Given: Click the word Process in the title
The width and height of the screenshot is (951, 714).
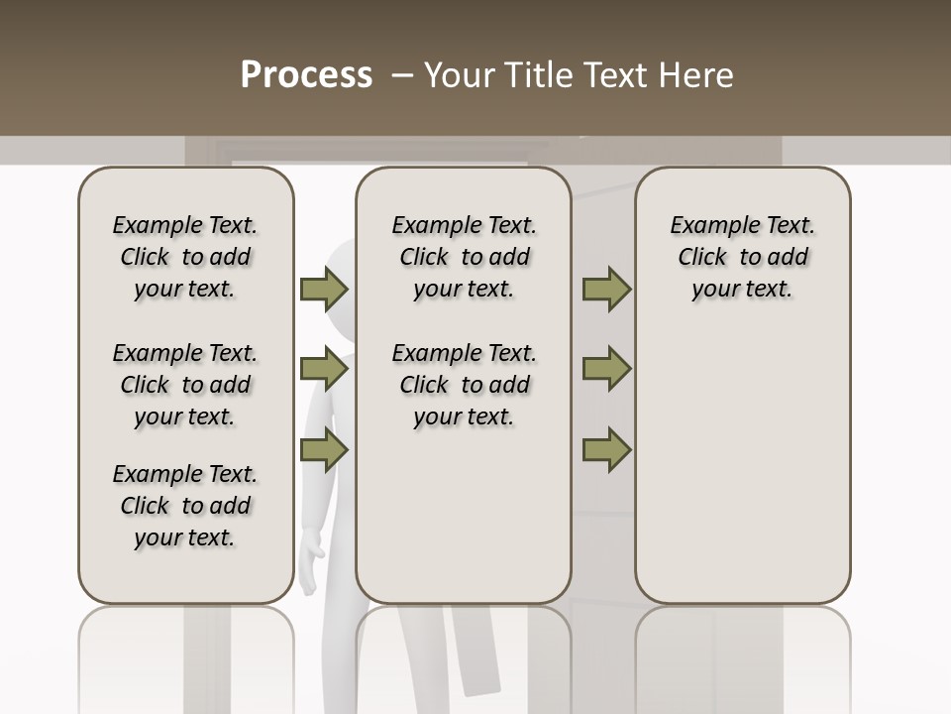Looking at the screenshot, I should point(306,75).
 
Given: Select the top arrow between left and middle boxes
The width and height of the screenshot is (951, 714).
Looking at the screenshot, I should point(323,290).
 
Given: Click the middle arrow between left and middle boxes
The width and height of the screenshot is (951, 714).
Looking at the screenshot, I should point(323,369).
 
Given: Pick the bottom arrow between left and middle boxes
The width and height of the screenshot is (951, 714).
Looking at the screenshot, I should point(323,448).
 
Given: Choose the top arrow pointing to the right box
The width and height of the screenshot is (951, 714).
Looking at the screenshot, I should point(606,290).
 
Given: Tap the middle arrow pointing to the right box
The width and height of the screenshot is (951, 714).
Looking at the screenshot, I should point(606,369).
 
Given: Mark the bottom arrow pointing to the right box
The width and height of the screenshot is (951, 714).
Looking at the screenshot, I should point(606,448).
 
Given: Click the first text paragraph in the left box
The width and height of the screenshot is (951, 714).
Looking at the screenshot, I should point(185,257).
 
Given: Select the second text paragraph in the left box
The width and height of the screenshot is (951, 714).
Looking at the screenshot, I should point(185,385).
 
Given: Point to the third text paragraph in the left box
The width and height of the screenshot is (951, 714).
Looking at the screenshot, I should point(185,506).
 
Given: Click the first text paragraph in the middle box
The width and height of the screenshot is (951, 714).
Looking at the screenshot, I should point(464,257).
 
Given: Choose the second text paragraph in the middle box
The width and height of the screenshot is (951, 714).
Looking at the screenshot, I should point(464,385).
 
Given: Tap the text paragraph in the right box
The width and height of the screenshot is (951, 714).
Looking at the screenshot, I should point(742,257).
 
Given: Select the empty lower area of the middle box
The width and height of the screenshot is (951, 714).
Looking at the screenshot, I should point(464,516).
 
